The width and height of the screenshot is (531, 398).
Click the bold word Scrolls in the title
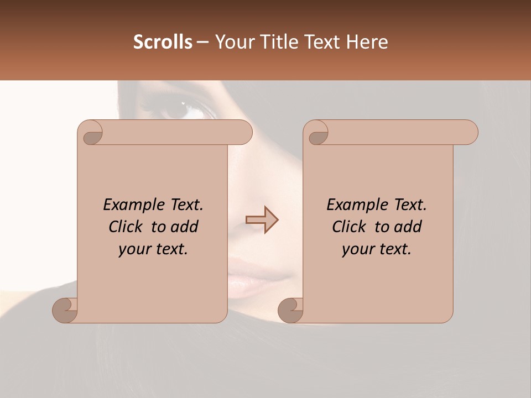163,42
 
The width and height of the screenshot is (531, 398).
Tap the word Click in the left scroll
127,227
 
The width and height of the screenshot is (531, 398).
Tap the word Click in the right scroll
350,227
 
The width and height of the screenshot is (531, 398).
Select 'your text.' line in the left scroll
153,249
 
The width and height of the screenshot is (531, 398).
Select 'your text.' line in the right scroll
376,249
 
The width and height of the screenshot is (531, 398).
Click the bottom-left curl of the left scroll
65,310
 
